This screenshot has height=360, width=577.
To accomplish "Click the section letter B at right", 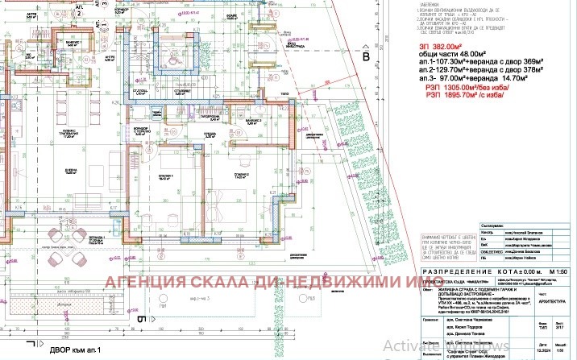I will coord(365,57).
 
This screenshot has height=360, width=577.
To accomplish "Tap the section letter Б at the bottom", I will coord(140,319).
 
